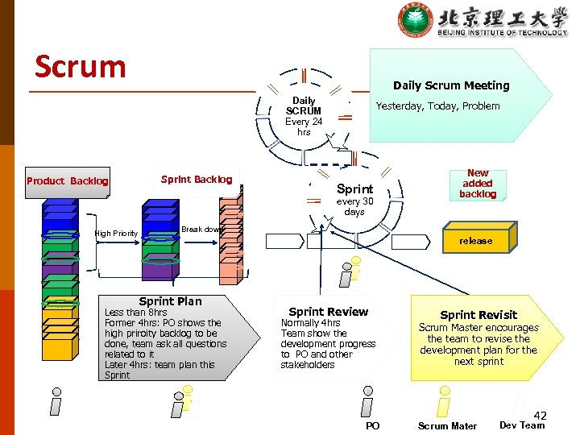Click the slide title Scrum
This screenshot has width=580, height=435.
click(80, 66)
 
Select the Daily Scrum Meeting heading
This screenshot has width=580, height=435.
click(451, 85)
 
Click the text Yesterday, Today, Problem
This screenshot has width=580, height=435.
click(437, 106)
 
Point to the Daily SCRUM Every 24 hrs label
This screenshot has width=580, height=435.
click(304, 117)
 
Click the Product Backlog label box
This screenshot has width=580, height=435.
click(68, 181)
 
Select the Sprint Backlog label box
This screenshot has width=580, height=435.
click(197, 180)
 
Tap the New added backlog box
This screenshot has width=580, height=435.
click(478, 184)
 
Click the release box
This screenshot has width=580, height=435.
click(475, 241)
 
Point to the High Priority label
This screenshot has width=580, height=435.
click(116, 234)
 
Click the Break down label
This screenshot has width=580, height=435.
click(201, 230)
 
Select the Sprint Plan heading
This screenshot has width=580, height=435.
click(170, 301)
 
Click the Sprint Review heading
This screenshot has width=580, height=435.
click(328, 312)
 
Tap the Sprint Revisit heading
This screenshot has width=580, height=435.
click(478, 315)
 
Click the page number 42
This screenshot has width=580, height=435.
click(540, 416)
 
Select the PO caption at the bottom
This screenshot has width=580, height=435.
click(372, 426)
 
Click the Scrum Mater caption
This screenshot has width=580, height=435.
click(447, 426)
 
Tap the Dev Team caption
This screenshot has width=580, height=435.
click(522, 425)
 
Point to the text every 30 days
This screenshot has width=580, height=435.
click(354, 207)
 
